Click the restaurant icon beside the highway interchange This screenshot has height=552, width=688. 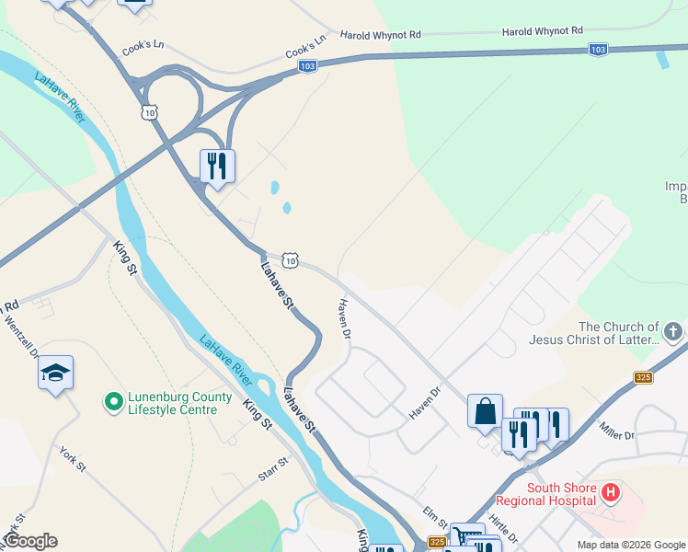(217, 167)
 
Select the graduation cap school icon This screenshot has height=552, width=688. (55, 373)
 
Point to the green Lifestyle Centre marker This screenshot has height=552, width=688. (113, 402)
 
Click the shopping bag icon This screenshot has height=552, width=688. (485, 411)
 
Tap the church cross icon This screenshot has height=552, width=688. (673, 331)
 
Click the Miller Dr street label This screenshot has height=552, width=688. (616, 430)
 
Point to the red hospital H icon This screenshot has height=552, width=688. (609, 494)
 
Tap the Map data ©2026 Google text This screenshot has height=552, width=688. (629, 545)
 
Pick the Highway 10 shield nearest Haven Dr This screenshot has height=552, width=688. (291, 261)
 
